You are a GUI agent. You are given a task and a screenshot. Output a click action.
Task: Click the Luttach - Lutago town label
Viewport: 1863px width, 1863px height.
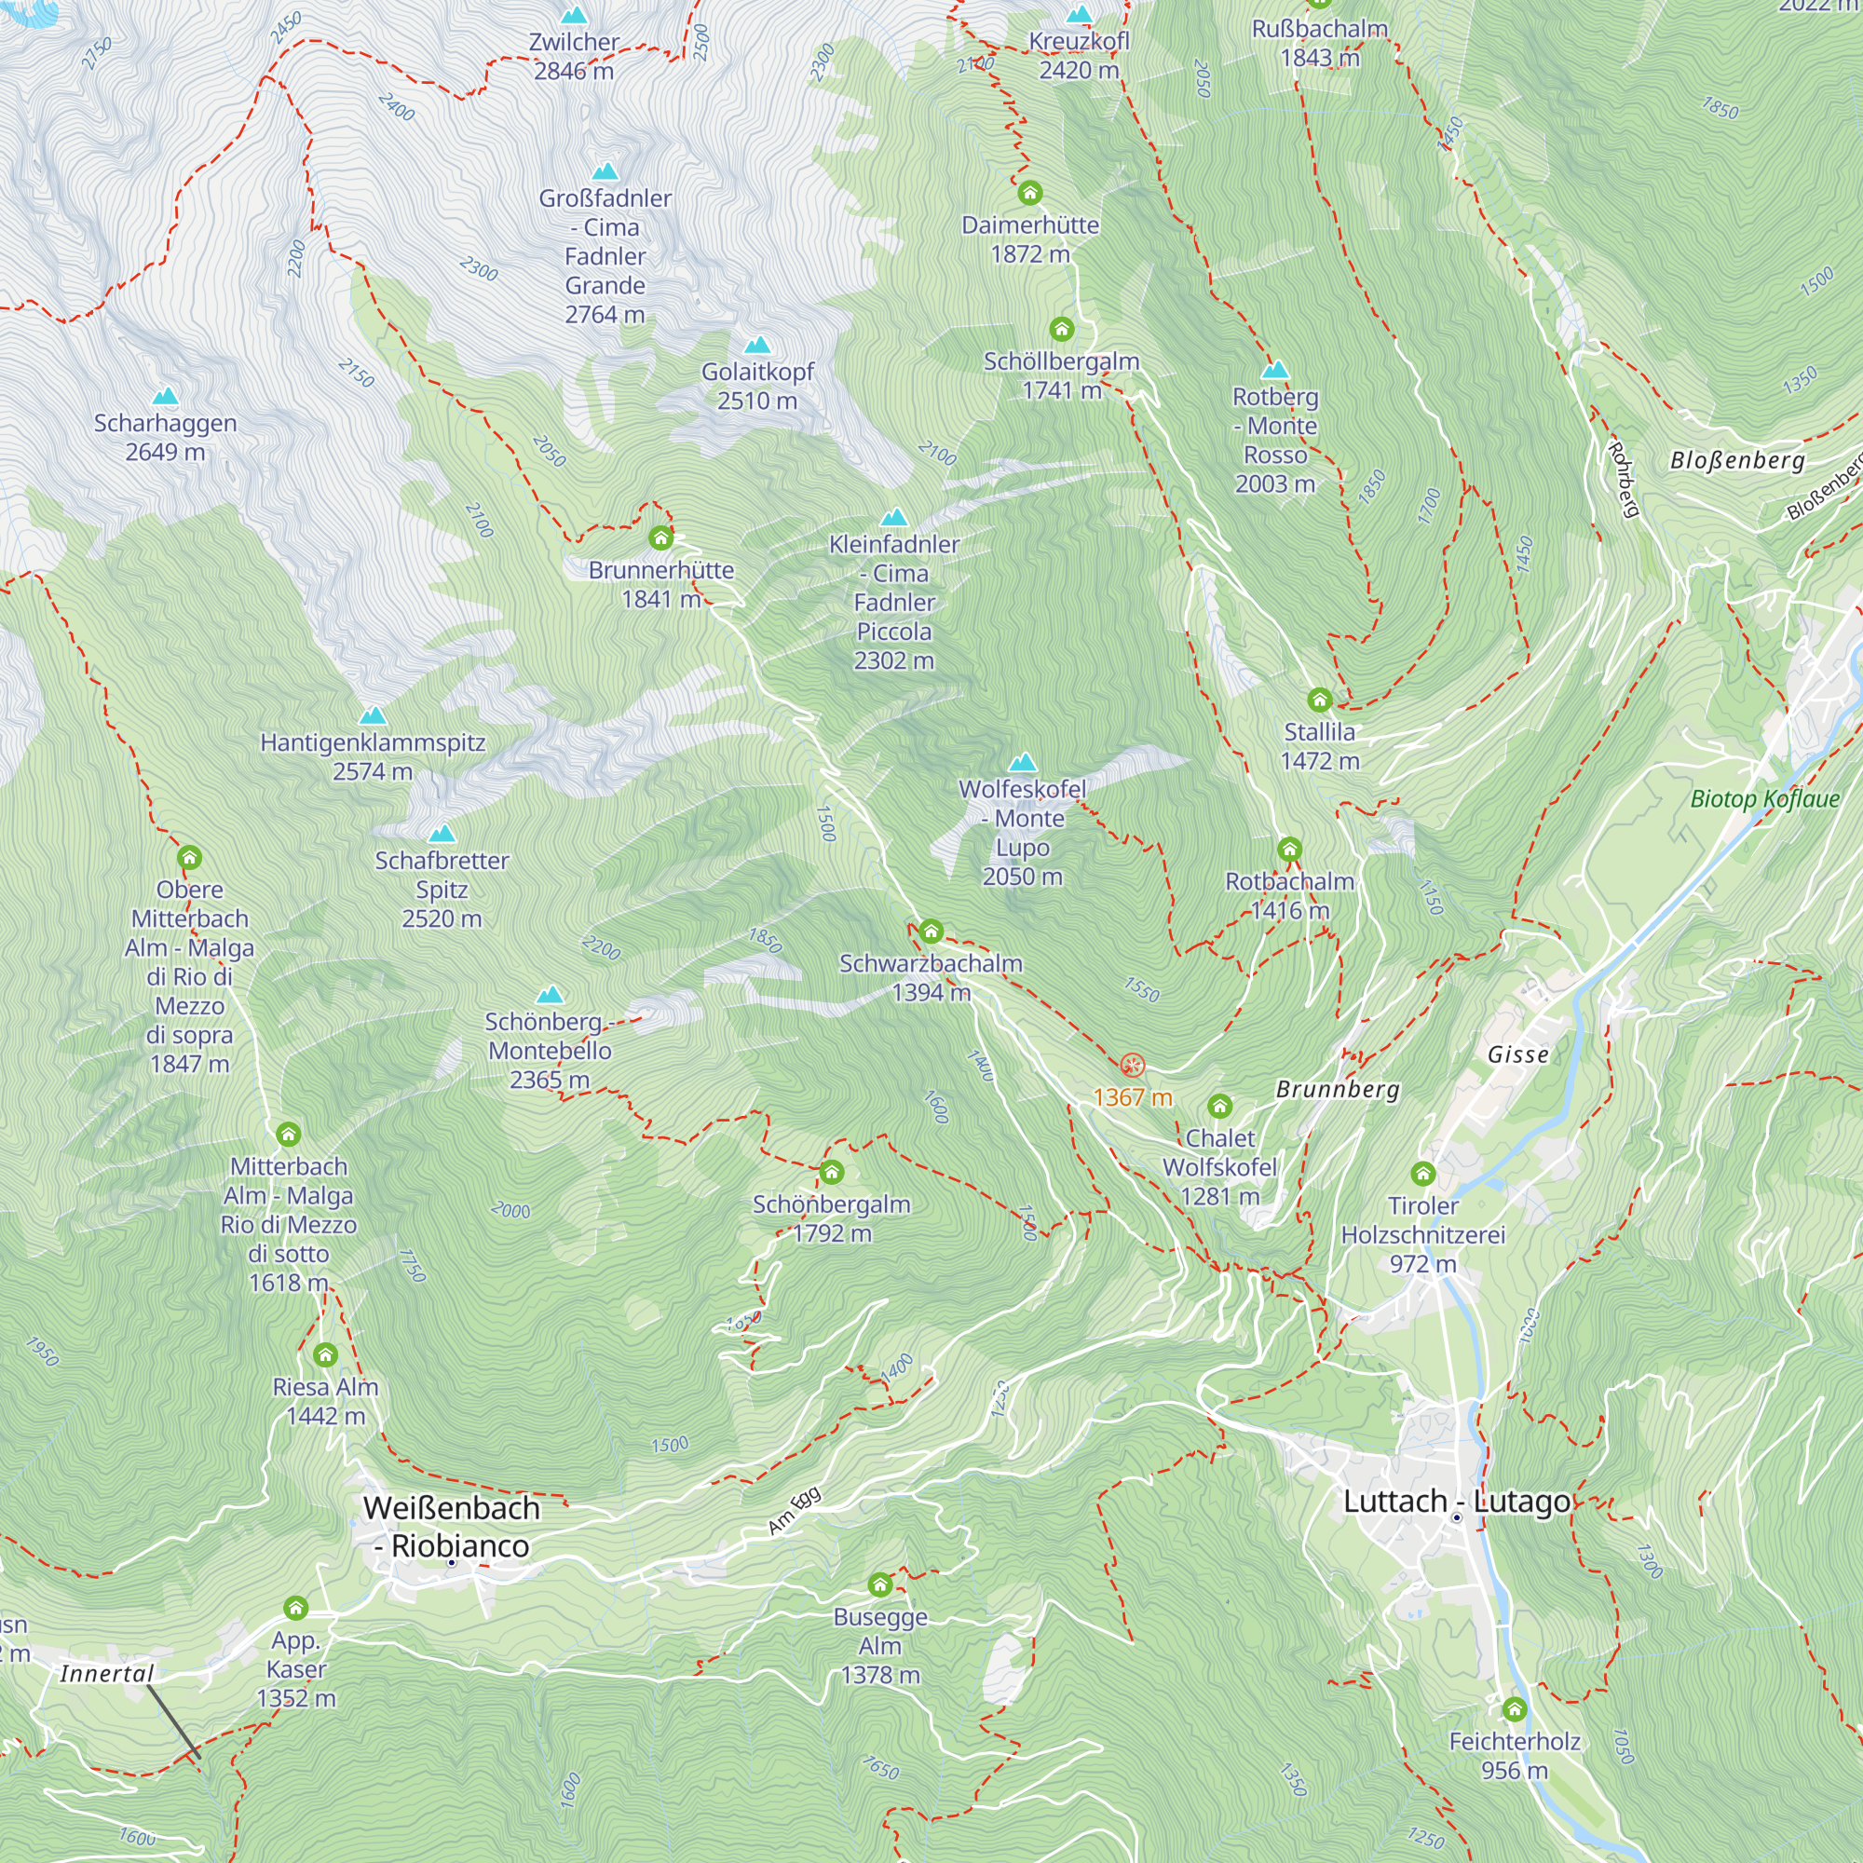pos(1456,1502)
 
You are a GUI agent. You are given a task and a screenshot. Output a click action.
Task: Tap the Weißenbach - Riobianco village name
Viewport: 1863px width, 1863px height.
pos(451,1527)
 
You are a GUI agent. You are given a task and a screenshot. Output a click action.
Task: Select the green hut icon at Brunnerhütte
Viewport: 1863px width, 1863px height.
pos(660,537)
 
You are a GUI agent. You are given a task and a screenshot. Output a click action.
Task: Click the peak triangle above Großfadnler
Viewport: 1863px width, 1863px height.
pos(605,171)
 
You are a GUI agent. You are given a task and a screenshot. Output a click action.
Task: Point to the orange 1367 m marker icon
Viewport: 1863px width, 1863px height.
pos(1132,1066)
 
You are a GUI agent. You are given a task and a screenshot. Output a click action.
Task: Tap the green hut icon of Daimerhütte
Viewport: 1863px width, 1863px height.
pos(1030,193)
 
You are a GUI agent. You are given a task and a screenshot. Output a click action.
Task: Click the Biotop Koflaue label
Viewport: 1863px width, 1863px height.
pos(1764,798)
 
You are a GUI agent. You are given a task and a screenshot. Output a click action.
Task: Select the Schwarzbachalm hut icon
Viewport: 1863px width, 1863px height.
pos(931,931)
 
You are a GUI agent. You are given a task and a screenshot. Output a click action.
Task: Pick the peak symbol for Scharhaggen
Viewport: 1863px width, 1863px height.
pos(166,396)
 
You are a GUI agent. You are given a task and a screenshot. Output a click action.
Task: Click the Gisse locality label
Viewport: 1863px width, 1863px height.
pos(1517,1054)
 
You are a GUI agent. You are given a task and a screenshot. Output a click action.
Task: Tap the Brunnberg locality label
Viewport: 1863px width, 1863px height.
pos(1338,1090)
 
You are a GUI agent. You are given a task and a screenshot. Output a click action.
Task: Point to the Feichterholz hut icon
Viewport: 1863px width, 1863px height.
pos(1514,1709)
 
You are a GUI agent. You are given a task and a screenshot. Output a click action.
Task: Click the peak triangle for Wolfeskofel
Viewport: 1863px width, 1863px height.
pos(1022,763)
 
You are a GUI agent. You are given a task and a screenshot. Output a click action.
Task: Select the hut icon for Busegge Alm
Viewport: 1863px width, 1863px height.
pos(879,1585)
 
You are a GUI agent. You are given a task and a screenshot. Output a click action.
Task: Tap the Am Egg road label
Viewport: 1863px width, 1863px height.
pos(795,1511)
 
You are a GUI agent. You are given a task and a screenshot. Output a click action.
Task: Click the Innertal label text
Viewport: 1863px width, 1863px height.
pos(106,1673)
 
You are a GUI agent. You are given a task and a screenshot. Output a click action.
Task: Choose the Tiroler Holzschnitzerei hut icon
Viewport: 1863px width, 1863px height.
pos(1423,1174)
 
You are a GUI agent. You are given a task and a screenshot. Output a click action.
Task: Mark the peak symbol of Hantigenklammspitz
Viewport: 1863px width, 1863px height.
pos(373,715)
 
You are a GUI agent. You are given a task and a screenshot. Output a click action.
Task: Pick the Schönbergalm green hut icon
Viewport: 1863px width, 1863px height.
pos(831,1173)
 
